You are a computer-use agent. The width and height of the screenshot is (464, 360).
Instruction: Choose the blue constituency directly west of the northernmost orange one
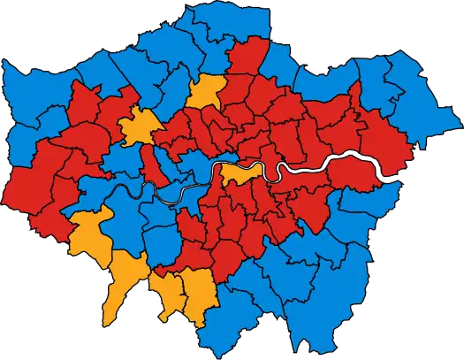click(172, 88)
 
